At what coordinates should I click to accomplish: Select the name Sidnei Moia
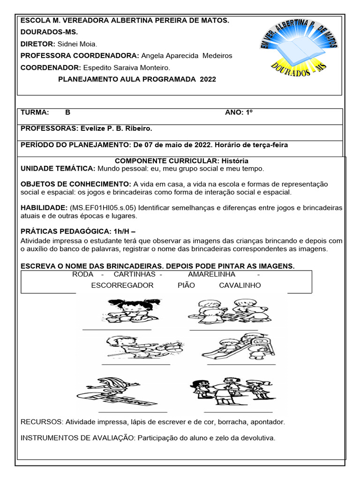[77, 44]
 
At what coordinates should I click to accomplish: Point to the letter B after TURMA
[68, 112]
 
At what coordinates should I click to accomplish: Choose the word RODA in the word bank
[83, 274]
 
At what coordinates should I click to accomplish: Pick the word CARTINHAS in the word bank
[135, 274]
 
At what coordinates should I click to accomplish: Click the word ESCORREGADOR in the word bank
[122, 285]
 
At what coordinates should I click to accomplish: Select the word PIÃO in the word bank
[186, 285]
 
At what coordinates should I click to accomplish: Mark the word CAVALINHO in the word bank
[240, 285]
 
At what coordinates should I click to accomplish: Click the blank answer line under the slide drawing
[241, 364]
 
